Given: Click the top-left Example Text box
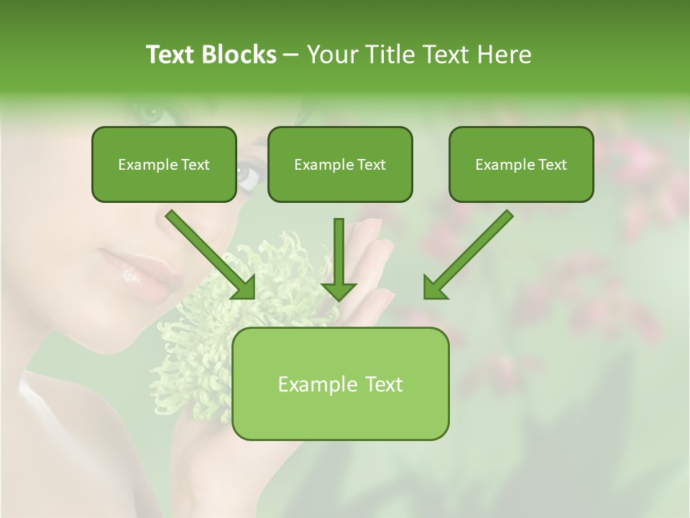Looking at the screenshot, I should coord(164,165).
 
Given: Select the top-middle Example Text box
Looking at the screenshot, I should coord(340,165).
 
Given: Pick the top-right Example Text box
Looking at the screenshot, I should coord(521,165).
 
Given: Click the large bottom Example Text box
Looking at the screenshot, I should coord(341,384).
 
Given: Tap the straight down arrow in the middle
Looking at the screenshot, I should coord(339,259).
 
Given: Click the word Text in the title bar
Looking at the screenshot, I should coord(172,55).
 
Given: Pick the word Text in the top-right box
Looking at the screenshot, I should coord(552,165).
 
